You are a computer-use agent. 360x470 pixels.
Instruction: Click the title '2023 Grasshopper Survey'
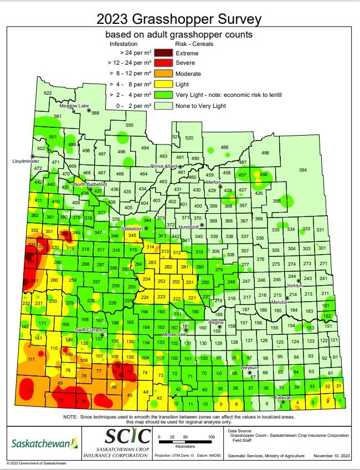[179, 19]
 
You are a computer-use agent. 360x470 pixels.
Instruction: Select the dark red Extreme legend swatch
[162, 53]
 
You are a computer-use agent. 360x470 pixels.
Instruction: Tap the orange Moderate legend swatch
[162, 74]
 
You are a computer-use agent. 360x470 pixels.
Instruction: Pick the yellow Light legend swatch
[162, 84]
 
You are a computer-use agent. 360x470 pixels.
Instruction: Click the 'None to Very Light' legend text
[200, 105]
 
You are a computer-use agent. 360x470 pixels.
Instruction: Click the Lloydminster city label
[27, 161]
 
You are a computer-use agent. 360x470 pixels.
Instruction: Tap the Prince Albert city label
[164, 166]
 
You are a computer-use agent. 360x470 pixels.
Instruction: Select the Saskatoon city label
[132, 228]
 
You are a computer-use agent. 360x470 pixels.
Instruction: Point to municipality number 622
[48, 93]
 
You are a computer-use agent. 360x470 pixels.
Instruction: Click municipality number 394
[302, 170]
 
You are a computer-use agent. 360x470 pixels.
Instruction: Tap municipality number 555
[130, 125]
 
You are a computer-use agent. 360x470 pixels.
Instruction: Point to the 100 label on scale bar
[211, 437]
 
